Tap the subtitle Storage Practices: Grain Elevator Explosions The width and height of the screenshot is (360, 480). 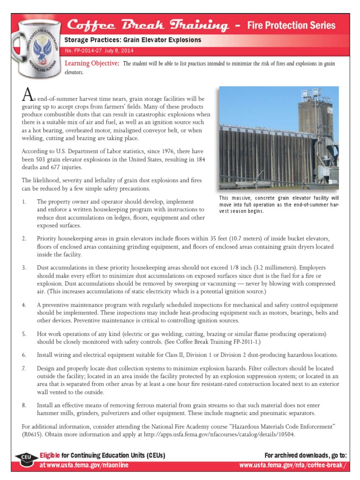coord(133,40)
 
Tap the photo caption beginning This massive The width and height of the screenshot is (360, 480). coord(279,204)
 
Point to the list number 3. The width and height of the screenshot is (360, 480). coord(24,267)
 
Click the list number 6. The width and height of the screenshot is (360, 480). coord(24,355)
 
